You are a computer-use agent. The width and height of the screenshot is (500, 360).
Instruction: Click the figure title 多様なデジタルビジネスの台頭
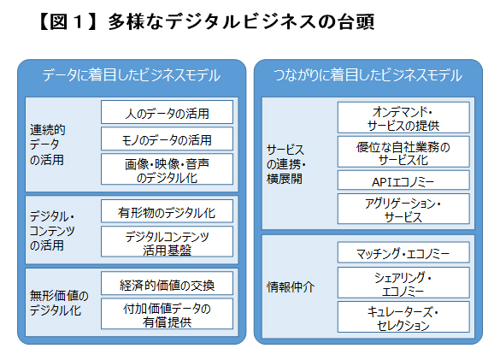click(x=241, y=21)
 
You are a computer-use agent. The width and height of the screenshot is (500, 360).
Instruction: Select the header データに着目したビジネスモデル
click(x=132, y=75)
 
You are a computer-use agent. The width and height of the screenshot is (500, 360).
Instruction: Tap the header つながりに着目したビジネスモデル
click(x=368, y=75)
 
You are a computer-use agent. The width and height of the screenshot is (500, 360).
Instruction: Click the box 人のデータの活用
click(x=167, y=112)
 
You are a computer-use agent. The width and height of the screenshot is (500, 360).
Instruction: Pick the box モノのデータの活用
click(x=167, y=139)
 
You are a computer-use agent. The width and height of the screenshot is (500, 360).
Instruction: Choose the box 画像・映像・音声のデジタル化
click(x=167, y=169)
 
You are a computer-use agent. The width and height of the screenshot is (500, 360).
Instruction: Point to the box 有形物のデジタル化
click(x=167, y=211)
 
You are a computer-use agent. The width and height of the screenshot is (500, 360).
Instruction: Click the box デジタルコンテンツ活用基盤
click(x=167, y=242)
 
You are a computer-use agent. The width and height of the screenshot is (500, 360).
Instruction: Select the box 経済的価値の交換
click(x=167, y=283)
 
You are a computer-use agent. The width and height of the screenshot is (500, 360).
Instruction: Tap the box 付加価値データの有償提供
click(x=167, y=314)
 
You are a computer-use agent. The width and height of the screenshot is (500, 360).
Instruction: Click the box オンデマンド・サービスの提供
click(x=403, y=117)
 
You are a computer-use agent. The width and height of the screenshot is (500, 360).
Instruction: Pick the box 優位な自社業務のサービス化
click(x=403, y=151)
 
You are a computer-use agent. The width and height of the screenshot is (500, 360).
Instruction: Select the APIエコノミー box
click(x=403, y=180)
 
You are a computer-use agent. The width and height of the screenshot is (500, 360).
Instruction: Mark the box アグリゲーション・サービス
click(x=403, y=209)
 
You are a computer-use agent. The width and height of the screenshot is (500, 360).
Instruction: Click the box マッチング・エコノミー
click(x=403, y=252)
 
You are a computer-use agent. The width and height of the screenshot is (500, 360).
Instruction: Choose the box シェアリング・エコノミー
click(x=403, y=282)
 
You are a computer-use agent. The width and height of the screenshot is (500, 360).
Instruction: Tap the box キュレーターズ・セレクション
click(x=403, y=316)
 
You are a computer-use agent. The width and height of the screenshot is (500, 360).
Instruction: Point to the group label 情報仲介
click(x=291, y=287)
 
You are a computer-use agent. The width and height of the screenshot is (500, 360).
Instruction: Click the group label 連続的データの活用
click(x=48, y=145)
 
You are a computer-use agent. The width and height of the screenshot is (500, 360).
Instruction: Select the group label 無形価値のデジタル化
click(x=59, y=303)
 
